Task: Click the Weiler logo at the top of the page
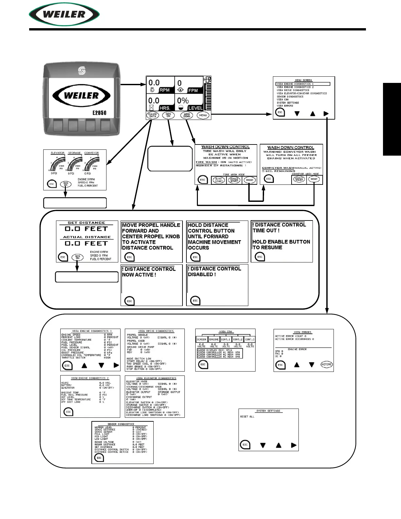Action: pyautogui.click(x=64, y=14)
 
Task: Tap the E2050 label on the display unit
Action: pyautogui.click(x=99, y=113)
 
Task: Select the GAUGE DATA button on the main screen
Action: pyautogui.click(x=152, y=115)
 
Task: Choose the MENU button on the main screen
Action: pyautogui.click(x=203, y=115)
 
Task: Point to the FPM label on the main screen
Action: pyautogui.click(x=193, y=90)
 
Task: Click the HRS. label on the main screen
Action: pyautogui.click(x=164, y=108)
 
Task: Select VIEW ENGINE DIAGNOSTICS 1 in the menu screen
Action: pyautogui.click(x=295, y=84)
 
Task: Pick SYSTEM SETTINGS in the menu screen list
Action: pyautogui.click(x=288, y=103)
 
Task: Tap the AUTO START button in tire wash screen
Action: pyautogui.click(x=219, y=180)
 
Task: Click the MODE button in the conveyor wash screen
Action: pyautogui.click(x=314, y=179)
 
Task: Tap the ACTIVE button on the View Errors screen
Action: pyautogui.click(x=326, y=364)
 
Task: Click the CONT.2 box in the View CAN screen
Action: pyautogui.click(x=238, y=339)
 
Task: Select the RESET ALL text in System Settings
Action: pyautogui.click(x=247, y=417)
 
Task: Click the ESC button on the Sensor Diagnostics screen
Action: pyautogui.click(x=99, y=458)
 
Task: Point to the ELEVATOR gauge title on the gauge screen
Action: pyautogui.click(x=57, y=153)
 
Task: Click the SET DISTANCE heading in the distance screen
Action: pyautogui.click(x=86, y=223)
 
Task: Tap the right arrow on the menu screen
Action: pyautogui.click(x=326, y=114)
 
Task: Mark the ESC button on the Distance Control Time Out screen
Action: pyautogui.click(x=260, y=257)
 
